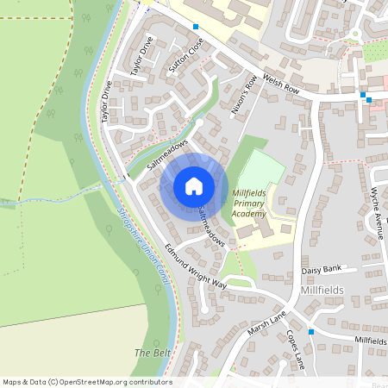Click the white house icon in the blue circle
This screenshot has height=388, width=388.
click(194, 186)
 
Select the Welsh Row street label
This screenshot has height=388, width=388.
click(283, 81)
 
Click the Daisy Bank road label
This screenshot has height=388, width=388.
click(322, 271)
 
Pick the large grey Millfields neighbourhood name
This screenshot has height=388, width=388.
click(323, 291)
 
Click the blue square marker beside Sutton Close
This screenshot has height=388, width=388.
click(196, 27)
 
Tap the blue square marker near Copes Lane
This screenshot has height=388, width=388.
click(310, 331)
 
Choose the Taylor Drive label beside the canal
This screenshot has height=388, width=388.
click(107, 102)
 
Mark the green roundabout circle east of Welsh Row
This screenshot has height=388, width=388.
click(354, 35)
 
